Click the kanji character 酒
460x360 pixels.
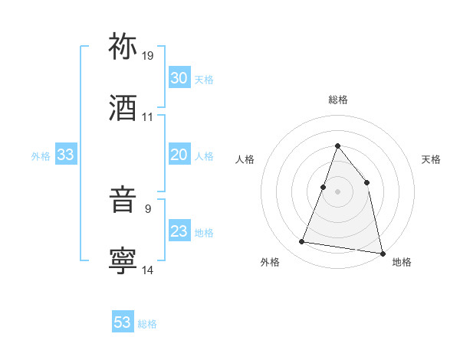pyautogui.click(x=123, y=108)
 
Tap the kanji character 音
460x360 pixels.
pyautogui.click(x=123, y=201)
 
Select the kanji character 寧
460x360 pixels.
pyautogui.click(x=123, y=260)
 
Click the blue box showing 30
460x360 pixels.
pyautogui.click(x=179, y=78)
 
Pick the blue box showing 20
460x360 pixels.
pyautogui.click(x=179, y=155)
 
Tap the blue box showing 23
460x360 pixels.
pyautogui.click(x=179, y=231)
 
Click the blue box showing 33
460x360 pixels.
pyautogui.click(x=66, y=155)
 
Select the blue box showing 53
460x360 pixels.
pyautogui.click(x=123, y=322)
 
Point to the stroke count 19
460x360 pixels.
pyautogui.click(x=148, y=56)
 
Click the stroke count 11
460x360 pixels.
pyautogui.click(x=148, y=117)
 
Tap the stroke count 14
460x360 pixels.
pyautogui.click(x=148, y=270)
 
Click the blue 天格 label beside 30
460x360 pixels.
pyautogui.click(x=204, y=79)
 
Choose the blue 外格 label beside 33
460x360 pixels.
pyautogui.click(x=41, y=155)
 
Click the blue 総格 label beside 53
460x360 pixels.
pyautogui.click(x=147, y=323)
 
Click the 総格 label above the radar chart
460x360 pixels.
pyautogui.click(x=337, y=100)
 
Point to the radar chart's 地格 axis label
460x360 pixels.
pyautogui.click(x=402, y=262)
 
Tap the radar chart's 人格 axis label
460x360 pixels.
pyautogui.click(x=245, y=159)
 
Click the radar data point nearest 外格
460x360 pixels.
pyautogui.click(x=302, y=242)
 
